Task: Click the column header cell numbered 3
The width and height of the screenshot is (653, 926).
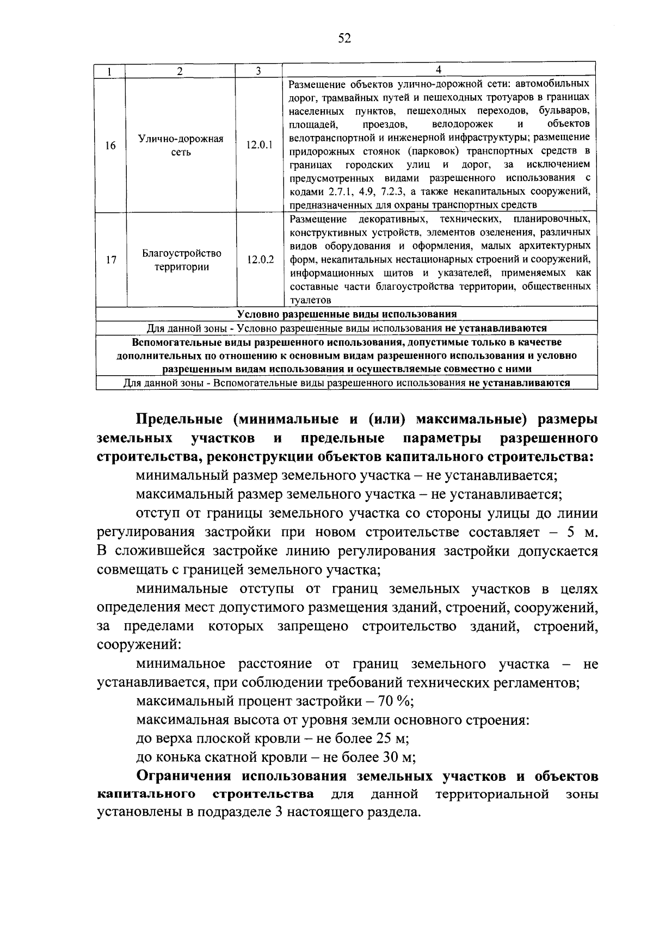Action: click(258, 71)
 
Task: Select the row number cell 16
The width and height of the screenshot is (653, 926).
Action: click(110, 146)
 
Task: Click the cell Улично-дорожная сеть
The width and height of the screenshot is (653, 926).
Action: click(181, 146)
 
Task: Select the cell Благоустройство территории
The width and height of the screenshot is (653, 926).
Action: click(182, 260)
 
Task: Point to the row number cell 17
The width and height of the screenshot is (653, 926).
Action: click(110, 260)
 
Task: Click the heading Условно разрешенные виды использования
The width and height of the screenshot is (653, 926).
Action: click(347, 314)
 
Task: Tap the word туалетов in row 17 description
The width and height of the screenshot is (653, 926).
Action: click(310, 300)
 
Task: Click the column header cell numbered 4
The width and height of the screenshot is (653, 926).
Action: click(439, 70)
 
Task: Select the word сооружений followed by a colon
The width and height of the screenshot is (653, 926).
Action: click(138, 645)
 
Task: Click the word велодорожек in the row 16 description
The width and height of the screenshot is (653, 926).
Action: click(463, 125)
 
